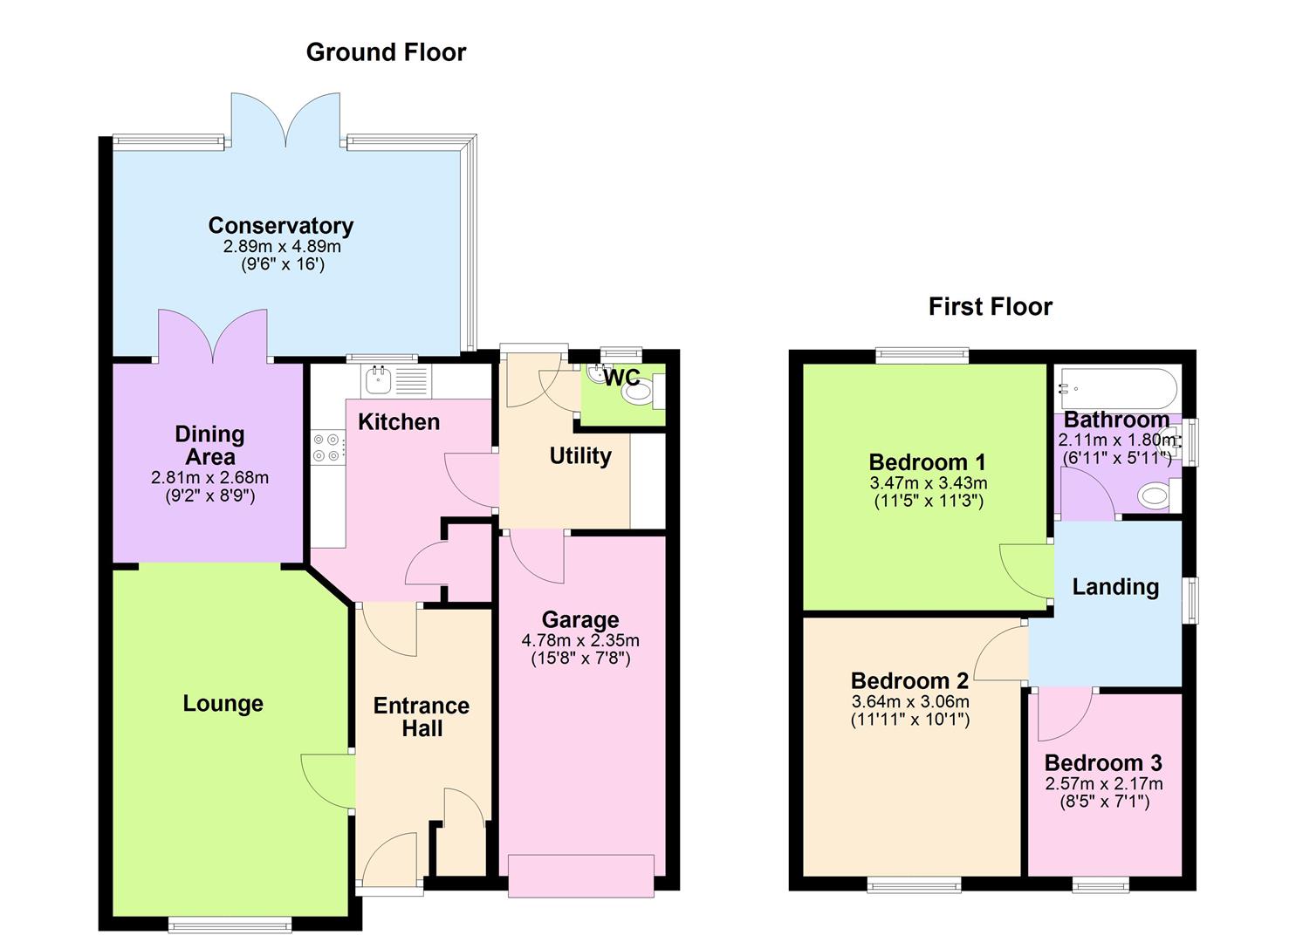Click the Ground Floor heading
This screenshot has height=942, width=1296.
(x=386, y=52)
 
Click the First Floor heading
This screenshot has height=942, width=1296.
(x=990, y=307)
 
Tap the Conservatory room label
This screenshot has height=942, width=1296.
(x=280, y=226)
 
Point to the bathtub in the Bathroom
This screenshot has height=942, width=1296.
(x=1116, y=387)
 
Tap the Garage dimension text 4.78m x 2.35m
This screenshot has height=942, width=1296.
(x=580, y=640)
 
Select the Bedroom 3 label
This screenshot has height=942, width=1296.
(x=1103, y=763)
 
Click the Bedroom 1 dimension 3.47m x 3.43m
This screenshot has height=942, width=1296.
(x=929, y=483)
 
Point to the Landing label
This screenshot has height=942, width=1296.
(x=1115, y=587)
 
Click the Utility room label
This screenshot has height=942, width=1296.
(x=580, y=456)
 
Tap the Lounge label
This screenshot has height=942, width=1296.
(x=223, y=704)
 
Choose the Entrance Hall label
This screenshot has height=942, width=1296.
(x=422, y=717)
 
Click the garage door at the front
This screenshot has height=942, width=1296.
(x=580, y=875)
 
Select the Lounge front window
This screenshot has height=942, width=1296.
(x=230, y=925)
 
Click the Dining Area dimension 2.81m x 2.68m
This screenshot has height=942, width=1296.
(x=209, y=478)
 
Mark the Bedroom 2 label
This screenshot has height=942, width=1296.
(x=909, y=680)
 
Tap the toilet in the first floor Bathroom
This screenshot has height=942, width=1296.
(x=1156, y=496)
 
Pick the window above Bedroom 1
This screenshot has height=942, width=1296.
(x=922, y=354)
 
